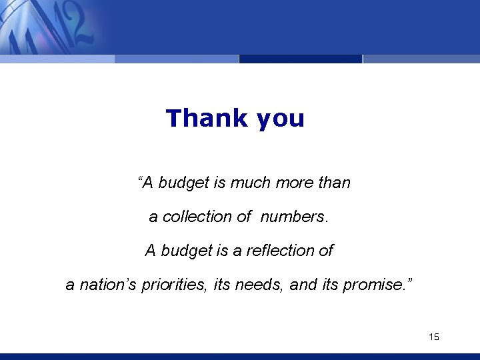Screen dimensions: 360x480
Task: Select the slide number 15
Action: [x=434, y=337]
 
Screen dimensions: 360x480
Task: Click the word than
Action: [x=334, y=183]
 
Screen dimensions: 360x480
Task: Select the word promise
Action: [x=373, y=285]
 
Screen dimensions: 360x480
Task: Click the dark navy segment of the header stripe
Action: [x=300, y=59]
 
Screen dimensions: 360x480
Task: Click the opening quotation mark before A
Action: [x=141, y=179]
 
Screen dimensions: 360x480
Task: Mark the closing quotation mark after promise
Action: [x=409, y=282]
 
